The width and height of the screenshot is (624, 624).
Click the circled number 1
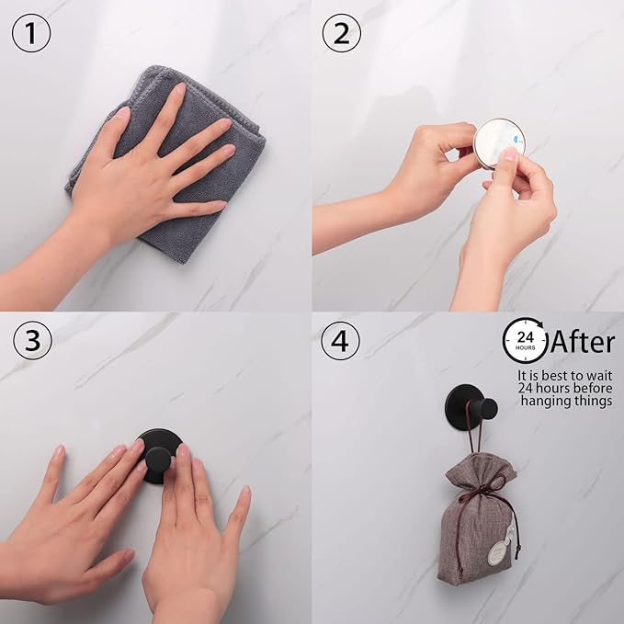click(x=31, y=33)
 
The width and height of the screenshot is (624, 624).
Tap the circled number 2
click(x=342, y=33)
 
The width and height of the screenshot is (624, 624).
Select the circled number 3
click(x=33, y=340)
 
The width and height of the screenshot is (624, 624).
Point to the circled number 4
click(x=340, y=341)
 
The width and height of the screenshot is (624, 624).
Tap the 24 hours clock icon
click(x=525, y=340)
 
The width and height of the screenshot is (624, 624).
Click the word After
click(x=583, y=342)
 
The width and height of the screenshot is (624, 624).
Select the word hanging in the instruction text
click(x=545, y=401)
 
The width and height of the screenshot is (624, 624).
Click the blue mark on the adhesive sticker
click(x=517, y=139)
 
